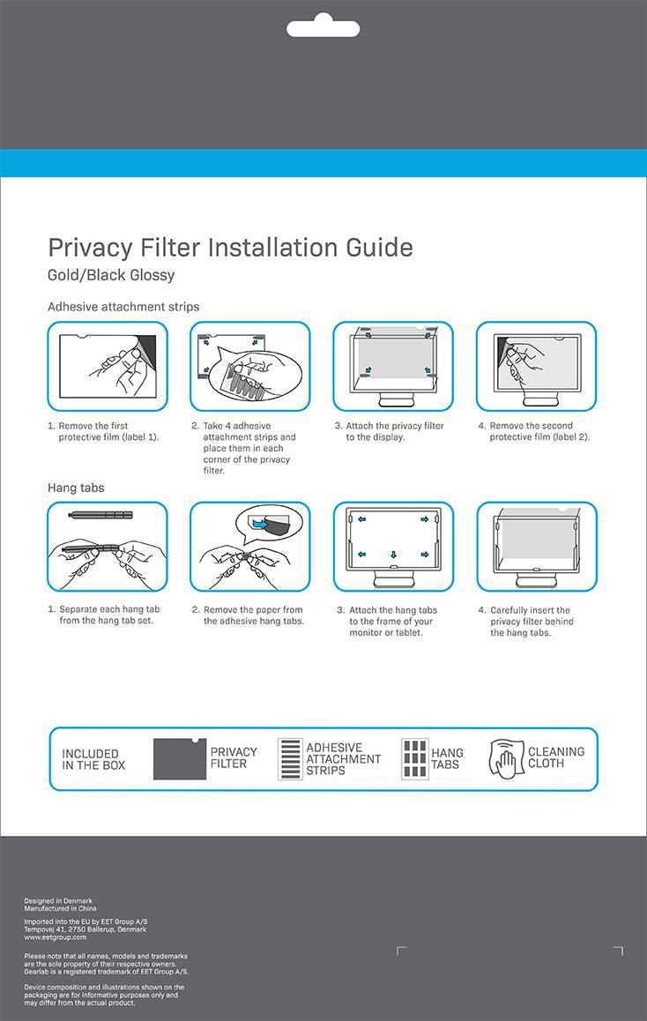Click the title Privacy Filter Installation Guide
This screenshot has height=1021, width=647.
tap(230, 248)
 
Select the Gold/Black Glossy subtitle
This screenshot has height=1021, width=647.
tap(111, 275)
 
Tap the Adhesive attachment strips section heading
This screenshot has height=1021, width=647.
tap(123, 307)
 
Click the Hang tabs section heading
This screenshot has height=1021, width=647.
tap(76, 488)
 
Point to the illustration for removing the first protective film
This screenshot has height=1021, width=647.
tap(107, 366)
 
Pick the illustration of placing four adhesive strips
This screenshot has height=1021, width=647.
tap(249, 366)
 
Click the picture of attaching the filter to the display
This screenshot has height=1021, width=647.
tap(393, 366)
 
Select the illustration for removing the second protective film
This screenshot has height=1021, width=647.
tap(536, 366)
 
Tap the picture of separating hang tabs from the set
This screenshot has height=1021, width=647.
tap(107, 547)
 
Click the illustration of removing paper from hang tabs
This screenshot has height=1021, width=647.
tap(249, 547)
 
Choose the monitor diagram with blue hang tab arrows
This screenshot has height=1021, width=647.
tap(393, 547)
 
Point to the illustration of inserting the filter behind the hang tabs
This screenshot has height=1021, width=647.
tap(536, 547)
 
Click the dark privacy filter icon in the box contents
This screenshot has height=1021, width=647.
tap(179, 759)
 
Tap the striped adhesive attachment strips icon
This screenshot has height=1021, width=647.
tap(290, 759)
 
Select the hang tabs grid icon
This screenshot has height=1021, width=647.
tap(414, 759)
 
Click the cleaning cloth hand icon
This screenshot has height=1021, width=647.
tap(506, 759)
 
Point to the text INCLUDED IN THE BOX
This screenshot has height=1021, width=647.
tap(93, 759)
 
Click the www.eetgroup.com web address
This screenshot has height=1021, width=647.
tap(55, 937)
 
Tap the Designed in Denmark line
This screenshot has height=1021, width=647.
tap(58, 900)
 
